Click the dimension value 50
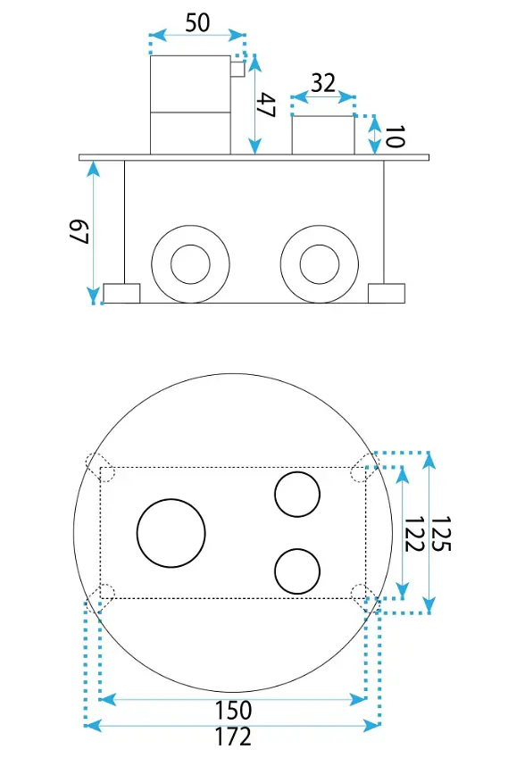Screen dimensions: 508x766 197,22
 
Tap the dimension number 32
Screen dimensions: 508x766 323,82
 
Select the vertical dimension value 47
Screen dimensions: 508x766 267,105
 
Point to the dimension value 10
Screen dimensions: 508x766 395,137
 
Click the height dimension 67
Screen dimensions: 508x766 79,232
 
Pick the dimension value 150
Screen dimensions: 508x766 234,711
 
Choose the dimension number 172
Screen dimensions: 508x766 234,737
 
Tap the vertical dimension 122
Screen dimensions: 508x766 413,534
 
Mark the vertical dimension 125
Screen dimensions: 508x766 440,534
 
